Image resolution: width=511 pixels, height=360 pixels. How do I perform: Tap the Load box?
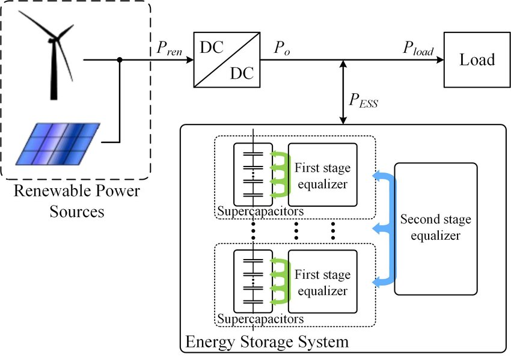click(x=477, y=59)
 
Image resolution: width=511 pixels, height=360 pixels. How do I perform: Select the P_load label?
click(x=418, y=49)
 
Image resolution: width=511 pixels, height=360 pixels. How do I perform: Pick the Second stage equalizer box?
click(x=435, y=228)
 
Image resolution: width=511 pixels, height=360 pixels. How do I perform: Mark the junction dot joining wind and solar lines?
click(x=120, y=59)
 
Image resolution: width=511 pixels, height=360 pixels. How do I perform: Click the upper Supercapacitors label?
click(x=260, y=212)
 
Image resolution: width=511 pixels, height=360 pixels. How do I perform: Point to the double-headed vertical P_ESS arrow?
click(x=343, y=93)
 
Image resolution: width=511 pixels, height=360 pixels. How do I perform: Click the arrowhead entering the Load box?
click(x=440, y=59)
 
